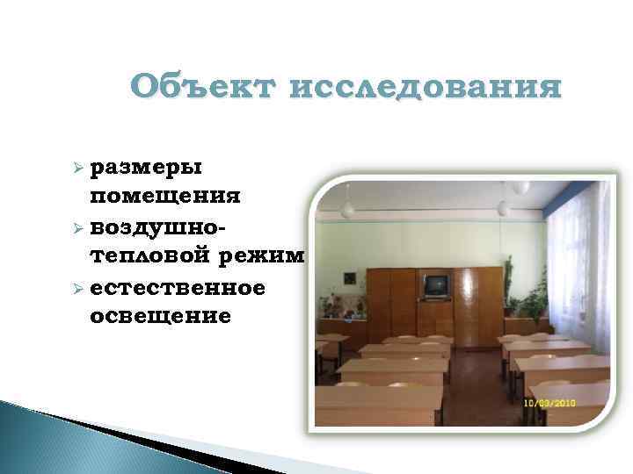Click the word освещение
point(161,315)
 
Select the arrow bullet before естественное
point(77,287)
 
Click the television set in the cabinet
point(435,286)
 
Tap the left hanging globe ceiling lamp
point(347,207)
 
